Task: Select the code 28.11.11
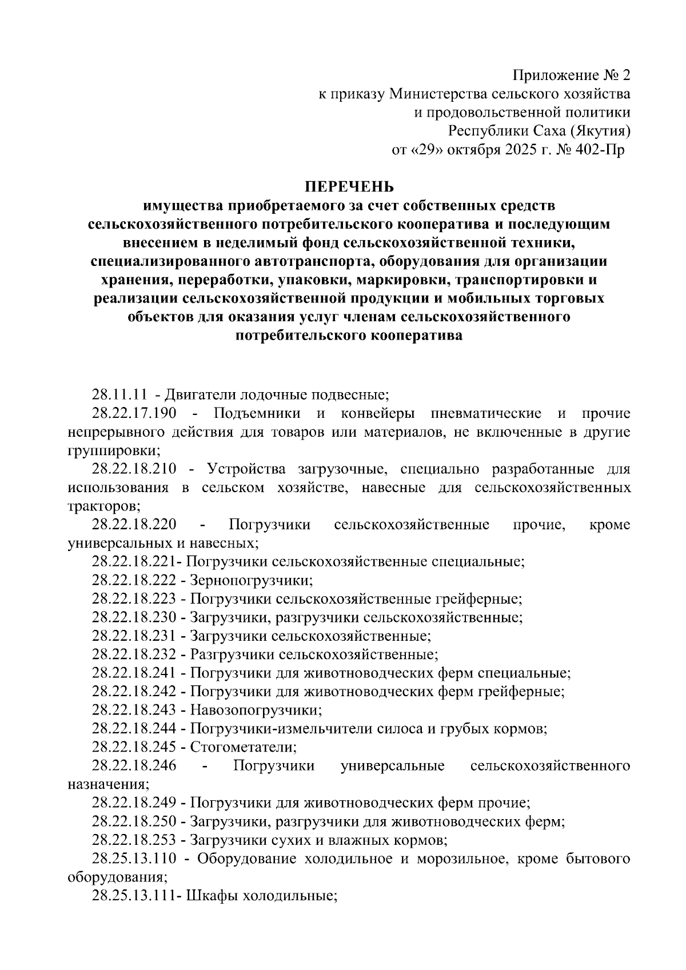coord(118,394)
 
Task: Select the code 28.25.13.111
coord(136,895)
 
